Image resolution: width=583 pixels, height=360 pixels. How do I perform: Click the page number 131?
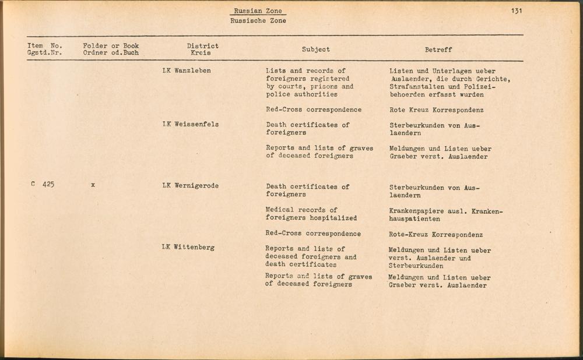point(516,10)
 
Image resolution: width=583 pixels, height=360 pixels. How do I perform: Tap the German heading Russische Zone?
point(258,20)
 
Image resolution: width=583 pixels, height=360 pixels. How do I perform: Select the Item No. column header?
point(44,49)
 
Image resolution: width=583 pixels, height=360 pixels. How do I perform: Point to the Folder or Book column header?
point(111,49)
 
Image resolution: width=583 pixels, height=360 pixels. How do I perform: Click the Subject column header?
point(315,50)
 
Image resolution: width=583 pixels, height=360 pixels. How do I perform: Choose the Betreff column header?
point(438,50)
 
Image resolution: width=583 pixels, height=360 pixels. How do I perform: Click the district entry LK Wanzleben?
point(186,71)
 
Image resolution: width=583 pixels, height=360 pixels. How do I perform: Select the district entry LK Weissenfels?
point(190,124)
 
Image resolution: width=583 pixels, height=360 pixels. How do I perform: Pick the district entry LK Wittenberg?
point(188,247)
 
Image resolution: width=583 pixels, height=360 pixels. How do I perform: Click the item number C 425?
point(43,185)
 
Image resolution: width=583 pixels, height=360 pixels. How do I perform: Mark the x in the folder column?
point(93,186)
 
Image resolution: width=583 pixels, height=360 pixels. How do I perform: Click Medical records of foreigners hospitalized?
point(311,214)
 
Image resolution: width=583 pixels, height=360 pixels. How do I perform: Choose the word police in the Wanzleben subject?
point(276,94)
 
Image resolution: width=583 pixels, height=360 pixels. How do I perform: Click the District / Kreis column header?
point(202,49)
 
